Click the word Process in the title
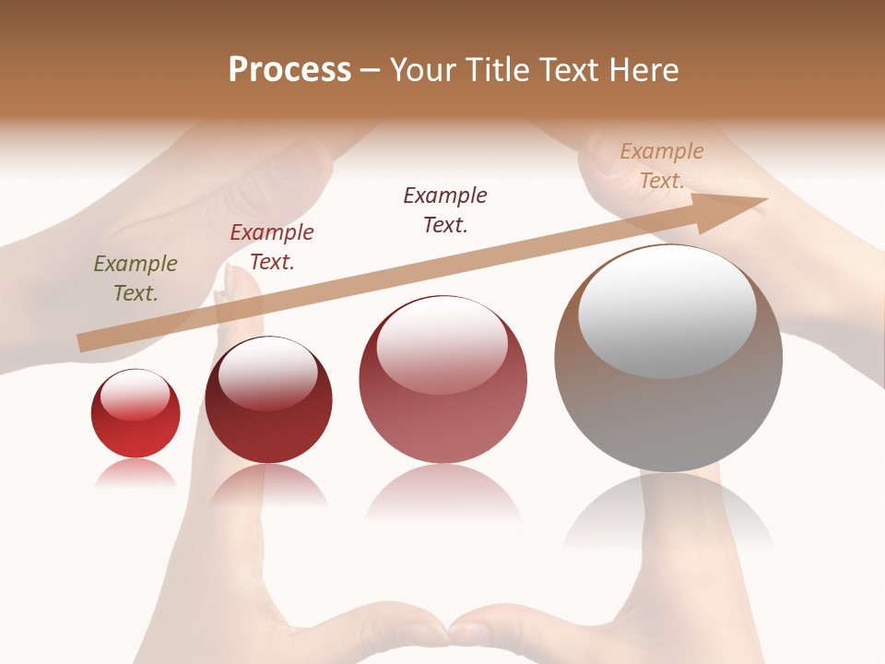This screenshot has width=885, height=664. click(289, 70)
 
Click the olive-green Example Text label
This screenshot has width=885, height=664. click(136, 279)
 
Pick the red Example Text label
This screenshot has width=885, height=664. click(272, 247)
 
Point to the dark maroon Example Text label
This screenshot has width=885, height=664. click(445, 210)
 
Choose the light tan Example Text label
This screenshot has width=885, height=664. click(662, 166)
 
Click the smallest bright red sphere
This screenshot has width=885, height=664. click(136, 433)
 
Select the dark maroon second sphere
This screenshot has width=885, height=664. click(268, 429)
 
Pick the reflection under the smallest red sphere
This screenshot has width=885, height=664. click(136, 473)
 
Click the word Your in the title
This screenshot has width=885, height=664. click(423, 70)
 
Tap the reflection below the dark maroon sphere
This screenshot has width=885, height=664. click(268, 485)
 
